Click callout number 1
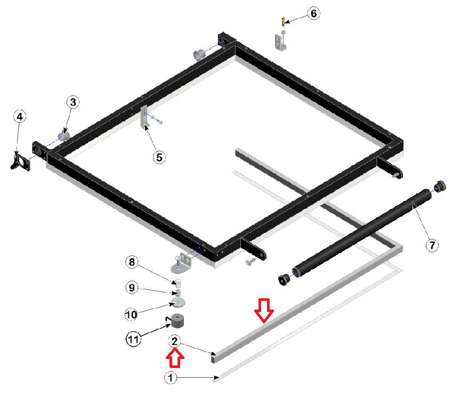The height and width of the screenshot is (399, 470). pos(171,378)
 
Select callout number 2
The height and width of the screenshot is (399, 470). pos(174,341)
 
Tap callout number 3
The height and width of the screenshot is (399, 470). pos(73,102)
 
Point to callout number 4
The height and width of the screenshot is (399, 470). pos(20,116)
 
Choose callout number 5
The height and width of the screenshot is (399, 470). pos(159,157)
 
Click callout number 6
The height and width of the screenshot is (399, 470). pos(313,13)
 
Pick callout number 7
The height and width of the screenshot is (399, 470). pos(432,246)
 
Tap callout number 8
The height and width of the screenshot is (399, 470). pos(132,262)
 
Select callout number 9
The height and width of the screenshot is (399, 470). pos(132,288)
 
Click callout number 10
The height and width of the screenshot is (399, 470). pos(131,314)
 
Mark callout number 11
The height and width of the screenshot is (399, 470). pos(133,339)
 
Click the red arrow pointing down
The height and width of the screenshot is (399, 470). pos(264,311)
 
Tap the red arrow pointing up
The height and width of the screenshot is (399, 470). pos(175,359)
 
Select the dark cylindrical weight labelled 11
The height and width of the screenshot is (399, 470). pos(176,321)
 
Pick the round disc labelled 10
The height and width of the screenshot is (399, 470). pos(178,302)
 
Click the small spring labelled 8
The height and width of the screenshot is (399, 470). pos(178,282)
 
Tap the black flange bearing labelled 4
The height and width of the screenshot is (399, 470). pos(21,161)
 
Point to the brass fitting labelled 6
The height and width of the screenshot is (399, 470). pos(283,21)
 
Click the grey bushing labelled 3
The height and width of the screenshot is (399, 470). pos(63,136)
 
